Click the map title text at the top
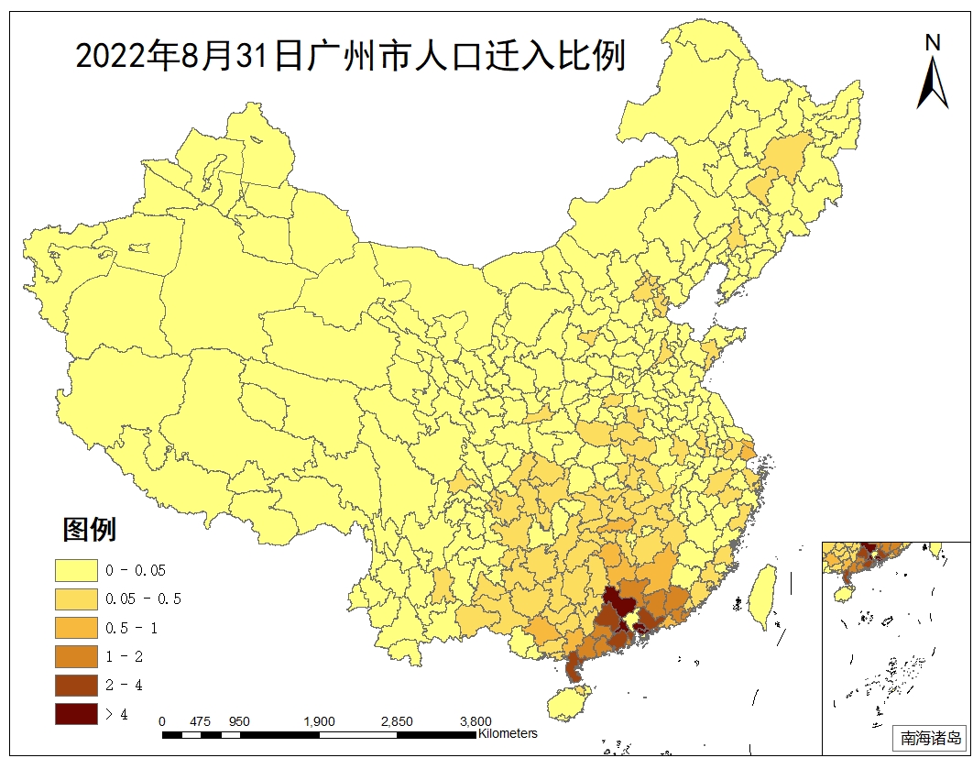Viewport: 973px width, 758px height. pyautogui.click(x=350, y=56)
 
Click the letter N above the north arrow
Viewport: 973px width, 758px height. pyautogui.click(x=933, y=42)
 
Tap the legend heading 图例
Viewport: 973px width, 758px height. pyautogui.click(x=89, y=529)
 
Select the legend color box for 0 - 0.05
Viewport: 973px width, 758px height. pyautogui.click(x=76, y=570)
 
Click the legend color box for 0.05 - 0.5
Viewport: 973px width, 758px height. pyautogui.click(x=76, y=599)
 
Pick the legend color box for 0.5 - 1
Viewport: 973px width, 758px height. pyautogui.click(x=76, y=627)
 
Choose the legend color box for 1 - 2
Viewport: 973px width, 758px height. pyautogui.click(x=76, y=656)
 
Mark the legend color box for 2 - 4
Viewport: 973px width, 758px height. pyautogui.click(x=76, y=685)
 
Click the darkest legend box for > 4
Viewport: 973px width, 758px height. pyautogui.click(x=76, y=713)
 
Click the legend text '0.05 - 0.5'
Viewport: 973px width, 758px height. pyautogui.click(x=144, y=599)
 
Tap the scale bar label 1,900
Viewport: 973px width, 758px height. pyautogui.click(x=319, y=721)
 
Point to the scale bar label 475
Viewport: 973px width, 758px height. pyautogui.click(x=201, y=721)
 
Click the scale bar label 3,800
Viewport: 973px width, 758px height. pyautogui.click(x=475, y=721)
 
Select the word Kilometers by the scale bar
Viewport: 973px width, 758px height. pyautogui.click(x=508, y=733)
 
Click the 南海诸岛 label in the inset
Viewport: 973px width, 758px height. pyautogui.click(x=931, y=737)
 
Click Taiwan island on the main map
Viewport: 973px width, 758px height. pyautogui.click(x=760, y=596)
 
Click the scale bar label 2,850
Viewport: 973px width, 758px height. pyautogui.click(x=397, y=721)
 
